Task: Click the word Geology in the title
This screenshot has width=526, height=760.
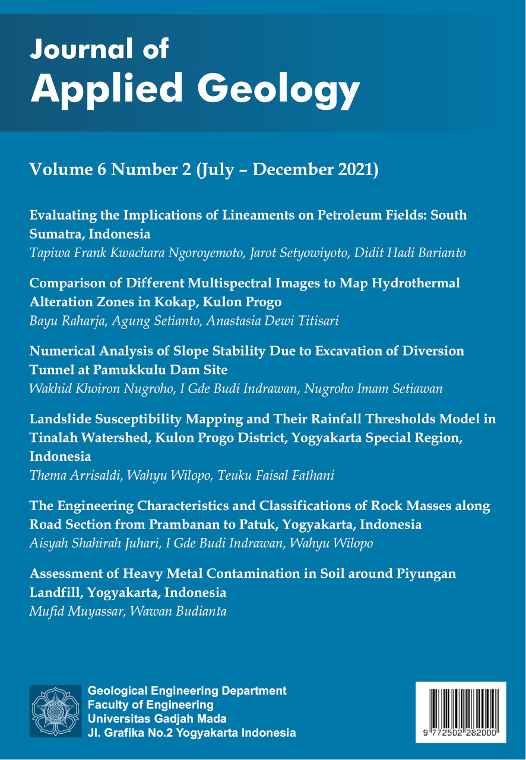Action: (x=279, y=90)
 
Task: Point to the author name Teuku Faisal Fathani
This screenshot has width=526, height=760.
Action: (x=293, y=476)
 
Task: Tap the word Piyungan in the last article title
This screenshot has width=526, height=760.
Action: (x=424, y=574)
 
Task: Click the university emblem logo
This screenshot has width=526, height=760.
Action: (x=56, y=711)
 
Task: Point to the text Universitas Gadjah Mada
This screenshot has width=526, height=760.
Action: (x=157, y=719)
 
